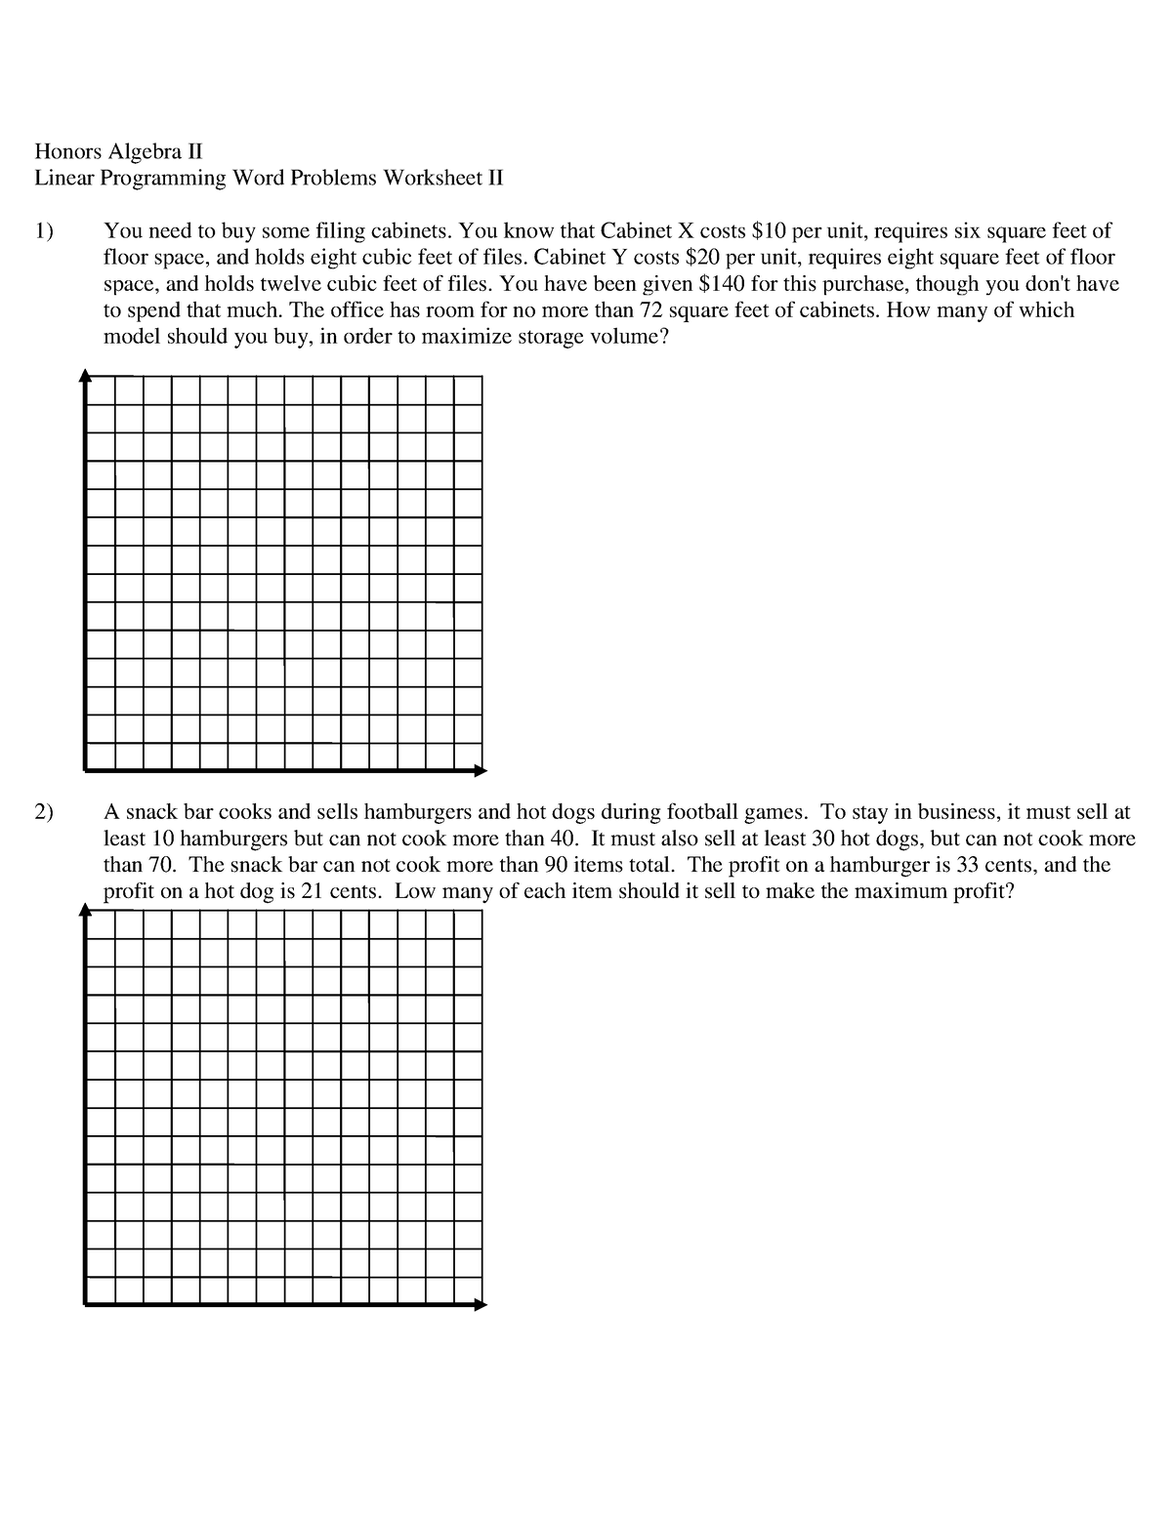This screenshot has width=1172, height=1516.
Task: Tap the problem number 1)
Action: pos(44,231)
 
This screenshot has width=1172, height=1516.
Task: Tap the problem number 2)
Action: pos(44,812)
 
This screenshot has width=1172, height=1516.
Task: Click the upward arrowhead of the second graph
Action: pos(86,909)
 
